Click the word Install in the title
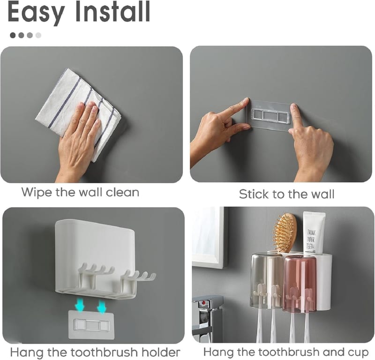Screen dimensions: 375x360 pos(112,11)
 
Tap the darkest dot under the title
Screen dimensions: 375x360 pos(13,36)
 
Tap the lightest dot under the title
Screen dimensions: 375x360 pos(38,36)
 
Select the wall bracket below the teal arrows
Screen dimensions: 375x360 pos(91,324)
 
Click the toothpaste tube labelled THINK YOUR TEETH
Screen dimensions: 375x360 pos(313,233)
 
